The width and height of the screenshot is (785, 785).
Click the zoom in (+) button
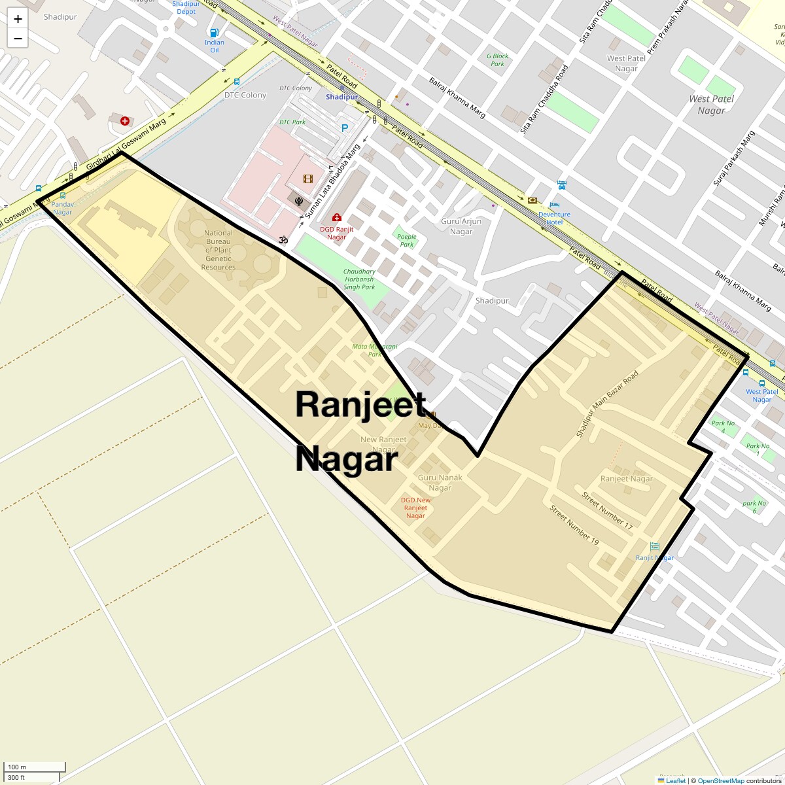click(18, 19)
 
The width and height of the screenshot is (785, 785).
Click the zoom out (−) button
click(18, 38)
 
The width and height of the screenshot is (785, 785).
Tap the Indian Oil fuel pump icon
click(214, 33)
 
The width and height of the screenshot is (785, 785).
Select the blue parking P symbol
click(345, 128)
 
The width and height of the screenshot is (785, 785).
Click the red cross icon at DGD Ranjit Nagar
click(336, 218)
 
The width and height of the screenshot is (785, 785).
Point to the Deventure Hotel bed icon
click(561, 185)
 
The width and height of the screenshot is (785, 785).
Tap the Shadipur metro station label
click(342, 97)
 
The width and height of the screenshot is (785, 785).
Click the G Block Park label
click(497, 60)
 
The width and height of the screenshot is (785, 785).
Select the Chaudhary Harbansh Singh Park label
click(359, 279)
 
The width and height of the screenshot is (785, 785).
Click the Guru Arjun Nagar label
click(461, 226)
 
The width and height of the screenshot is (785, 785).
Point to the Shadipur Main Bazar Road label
click(606, 404)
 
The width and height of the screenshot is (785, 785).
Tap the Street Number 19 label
click(574, 525)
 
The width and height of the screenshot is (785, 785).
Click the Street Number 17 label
click(608, 510)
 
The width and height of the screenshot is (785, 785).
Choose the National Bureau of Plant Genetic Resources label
click(218, 250)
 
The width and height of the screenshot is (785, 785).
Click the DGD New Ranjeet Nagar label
click(415, 508)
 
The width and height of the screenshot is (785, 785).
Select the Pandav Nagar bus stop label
click(63, 208)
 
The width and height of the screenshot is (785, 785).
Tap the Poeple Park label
click(407, 240)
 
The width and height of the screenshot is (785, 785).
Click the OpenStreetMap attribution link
click(720, 780)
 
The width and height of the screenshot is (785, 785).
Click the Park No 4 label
click(723, 427)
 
